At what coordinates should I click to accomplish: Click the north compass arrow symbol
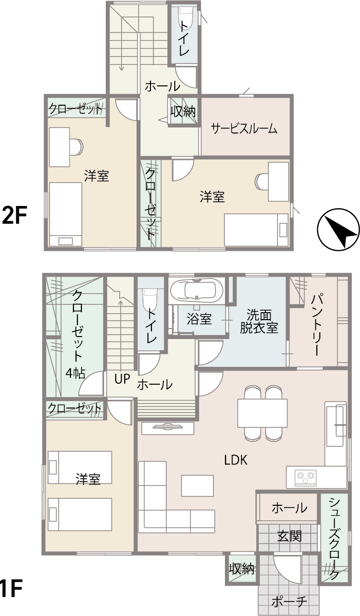tap(338, 230)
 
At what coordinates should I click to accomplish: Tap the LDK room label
tap(236, 460)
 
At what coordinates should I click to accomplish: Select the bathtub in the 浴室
tap(197, 291)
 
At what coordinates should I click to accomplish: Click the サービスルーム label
tap(244, 129)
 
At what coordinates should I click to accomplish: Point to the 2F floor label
tap(14, 215)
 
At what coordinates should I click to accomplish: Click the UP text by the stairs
tap(122, 379)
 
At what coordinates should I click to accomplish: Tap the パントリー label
tap(316, 325)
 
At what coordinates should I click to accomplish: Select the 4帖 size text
tap(75, 373)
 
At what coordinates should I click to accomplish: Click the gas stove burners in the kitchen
tap(305, 478)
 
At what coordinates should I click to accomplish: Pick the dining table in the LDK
tap(262, 413)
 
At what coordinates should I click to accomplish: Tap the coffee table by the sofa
tap(197, 485)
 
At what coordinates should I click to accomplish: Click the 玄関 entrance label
tap(289, 536)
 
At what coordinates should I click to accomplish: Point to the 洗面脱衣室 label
tap(259, 322)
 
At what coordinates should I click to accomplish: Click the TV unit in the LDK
tap(168, 428)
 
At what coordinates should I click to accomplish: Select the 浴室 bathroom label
tap(199, 319)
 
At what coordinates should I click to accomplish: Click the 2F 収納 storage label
tap(183, 111)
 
